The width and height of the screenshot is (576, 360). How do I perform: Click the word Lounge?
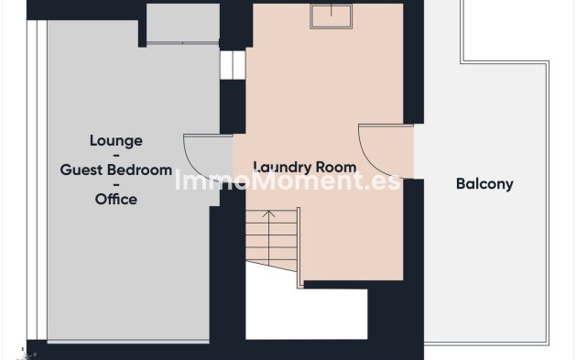116,141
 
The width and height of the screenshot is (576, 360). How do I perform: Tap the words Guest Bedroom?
116,169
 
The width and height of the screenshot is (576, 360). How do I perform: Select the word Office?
116,199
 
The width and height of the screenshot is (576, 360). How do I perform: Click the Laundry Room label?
305,167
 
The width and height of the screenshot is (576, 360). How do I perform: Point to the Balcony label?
484,184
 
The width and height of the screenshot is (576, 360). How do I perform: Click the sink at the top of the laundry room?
331,16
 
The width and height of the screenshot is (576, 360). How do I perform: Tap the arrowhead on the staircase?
269,213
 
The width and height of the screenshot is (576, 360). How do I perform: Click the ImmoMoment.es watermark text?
288,180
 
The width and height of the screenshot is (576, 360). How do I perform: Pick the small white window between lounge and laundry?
233,65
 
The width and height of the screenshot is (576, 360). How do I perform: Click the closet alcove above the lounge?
183,23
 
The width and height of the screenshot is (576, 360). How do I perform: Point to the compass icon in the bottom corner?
25,355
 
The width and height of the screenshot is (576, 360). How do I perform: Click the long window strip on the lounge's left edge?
37,180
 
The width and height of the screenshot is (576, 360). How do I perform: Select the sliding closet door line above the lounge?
183,43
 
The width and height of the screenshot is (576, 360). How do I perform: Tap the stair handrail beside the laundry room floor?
299,247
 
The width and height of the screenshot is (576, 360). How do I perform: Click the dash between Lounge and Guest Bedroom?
116,156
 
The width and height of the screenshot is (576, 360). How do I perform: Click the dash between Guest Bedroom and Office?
116,185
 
